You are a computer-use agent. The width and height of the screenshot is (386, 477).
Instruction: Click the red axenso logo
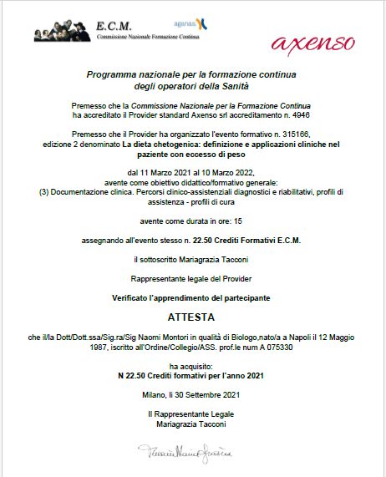[x=312, y=42]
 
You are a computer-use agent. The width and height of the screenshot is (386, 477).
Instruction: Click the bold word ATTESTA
[x=190, y=317]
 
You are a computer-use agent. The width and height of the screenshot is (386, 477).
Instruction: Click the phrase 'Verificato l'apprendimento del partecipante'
[x=191, y=297]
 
